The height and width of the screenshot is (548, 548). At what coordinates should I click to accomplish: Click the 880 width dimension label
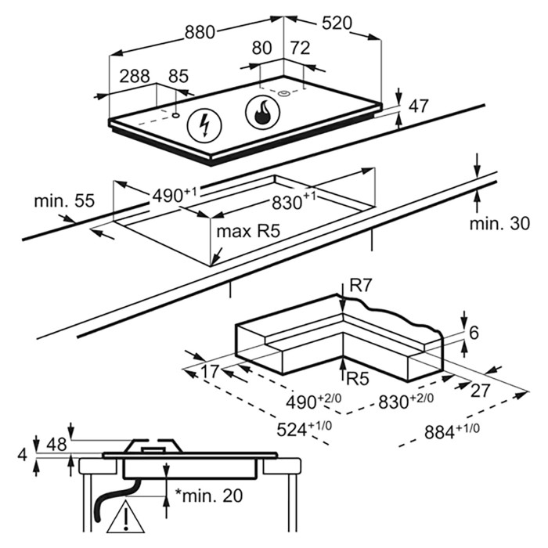tap(200, 33)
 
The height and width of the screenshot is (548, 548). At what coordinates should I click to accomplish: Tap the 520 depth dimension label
tap(337, 23)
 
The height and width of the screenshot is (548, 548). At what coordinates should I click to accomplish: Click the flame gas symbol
tap(263, 111)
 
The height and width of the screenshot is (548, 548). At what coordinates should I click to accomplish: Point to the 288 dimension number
tap(135, 76)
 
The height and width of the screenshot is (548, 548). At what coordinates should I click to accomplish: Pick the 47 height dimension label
tap(418, 106)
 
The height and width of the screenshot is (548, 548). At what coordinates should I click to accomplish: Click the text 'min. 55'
tap(65, 201)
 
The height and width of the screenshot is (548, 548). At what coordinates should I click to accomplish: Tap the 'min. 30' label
tap(499, 224)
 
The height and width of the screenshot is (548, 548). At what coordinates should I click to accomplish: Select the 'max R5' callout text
tap(248, 232)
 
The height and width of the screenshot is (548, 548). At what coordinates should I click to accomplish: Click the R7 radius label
tap(360, 287)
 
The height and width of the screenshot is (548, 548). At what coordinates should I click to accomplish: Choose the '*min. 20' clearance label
tap(209, 496)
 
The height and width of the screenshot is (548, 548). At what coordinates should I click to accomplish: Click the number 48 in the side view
tap(56, 445)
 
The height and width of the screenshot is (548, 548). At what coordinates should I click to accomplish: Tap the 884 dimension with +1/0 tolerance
tap(452, 431)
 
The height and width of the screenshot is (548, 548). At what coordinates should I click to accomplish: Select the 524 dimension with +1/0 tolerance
tap(304, 429)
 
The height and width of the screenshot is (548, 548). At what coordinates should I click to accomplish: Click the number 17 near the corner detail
tap(209, 371)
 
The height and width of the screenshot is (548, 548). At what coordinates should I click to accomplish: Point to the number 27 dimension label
tap(481, 391)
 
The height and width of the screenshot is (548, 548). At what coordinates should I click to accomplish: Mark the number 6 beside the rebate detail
tap(474, 333)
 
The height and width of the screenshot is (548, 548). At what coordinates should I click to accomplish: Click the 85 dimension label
tap(178, 76)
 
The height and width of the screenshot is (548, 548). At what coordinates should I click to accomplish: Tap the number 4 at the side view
tap(23, 455)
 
